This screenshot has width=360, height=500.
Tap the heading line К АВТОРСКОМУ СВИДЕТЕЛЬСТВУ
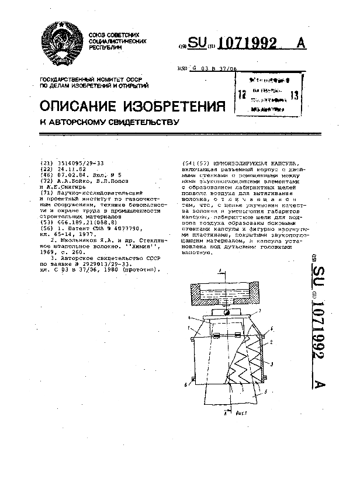(x=108, y=123)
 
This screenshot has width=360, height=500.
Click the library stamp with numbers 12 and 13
(x=268, y=93)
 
